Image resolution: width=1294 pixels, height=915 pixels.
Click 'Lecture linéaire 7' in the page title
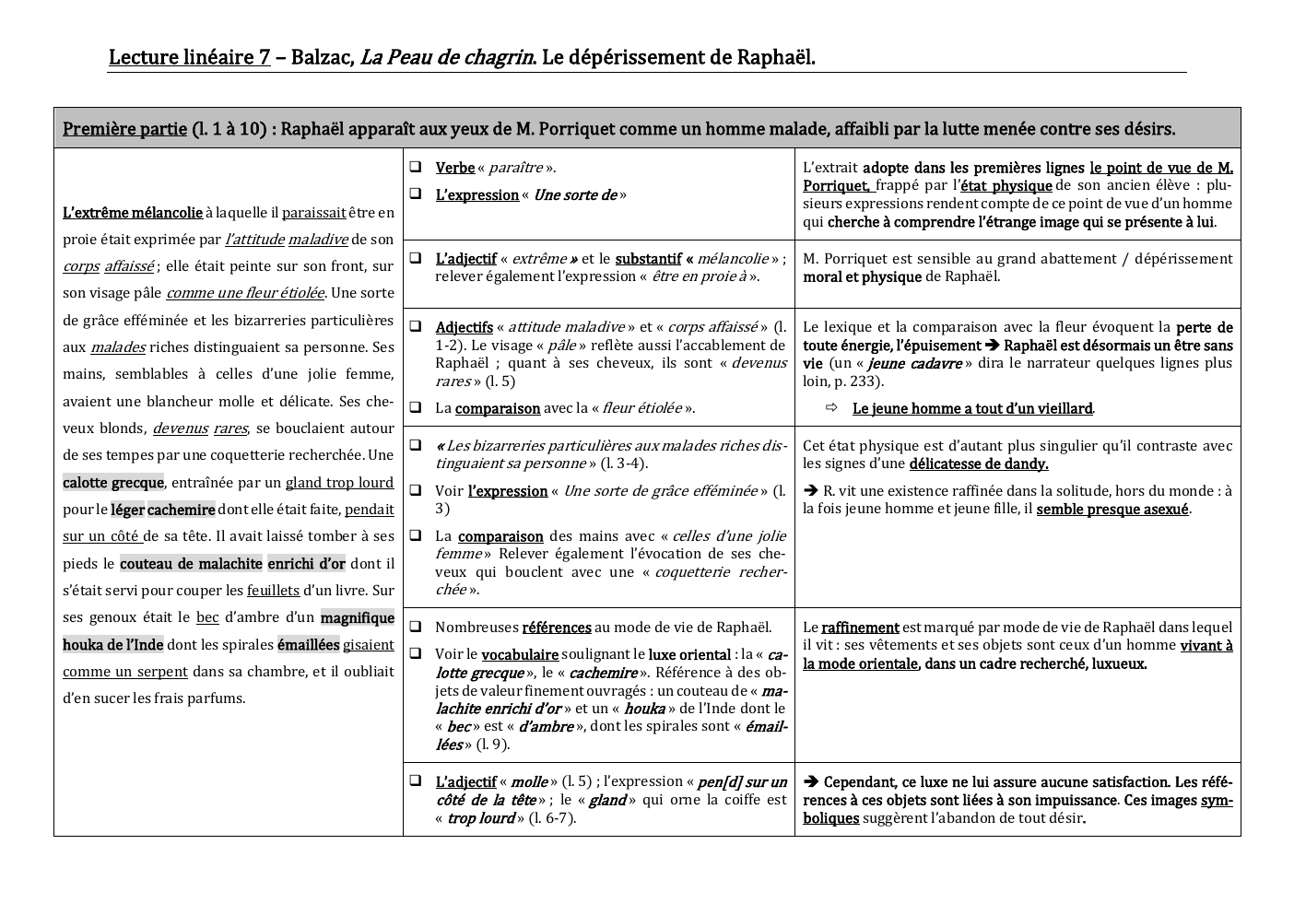(189, 57)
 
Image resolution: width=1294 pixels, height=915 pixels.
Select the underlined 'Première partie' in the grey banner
(124, 129)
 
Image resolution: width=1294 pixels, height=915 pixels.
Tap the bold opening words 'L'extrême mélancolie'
(133, 213)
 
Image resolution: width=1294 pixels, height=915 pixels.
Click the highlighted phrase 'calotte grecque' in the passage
(113, 483)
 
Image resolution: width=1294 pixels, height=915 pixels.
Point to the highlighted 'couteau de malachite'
(191, 564)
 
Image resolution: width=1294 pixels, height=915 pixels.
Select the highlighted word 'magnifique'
(357, 617)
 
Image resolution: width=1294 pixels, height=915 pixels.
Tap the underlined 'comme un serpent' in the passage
(125, 672)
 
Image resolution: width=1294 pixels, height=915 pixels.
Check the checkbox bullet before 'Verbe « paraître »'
(416, 167)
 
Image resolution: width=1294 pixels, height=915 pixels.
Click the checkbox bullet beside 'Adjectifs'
(416, 326)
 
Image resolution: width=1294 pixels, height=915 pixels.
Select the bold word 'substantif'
(648, 259)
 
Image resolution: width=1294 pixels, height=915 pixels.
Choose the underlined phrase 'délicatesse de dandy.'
(978, 463)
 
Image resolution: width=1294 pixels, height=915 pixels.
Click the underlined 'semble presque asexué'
(1112, 509)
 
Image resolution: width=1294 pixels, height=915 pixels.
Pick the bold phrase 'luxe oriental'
(689, 654)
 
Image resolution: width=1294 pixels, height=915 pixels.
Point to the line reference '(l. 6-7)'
(552, 818)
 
